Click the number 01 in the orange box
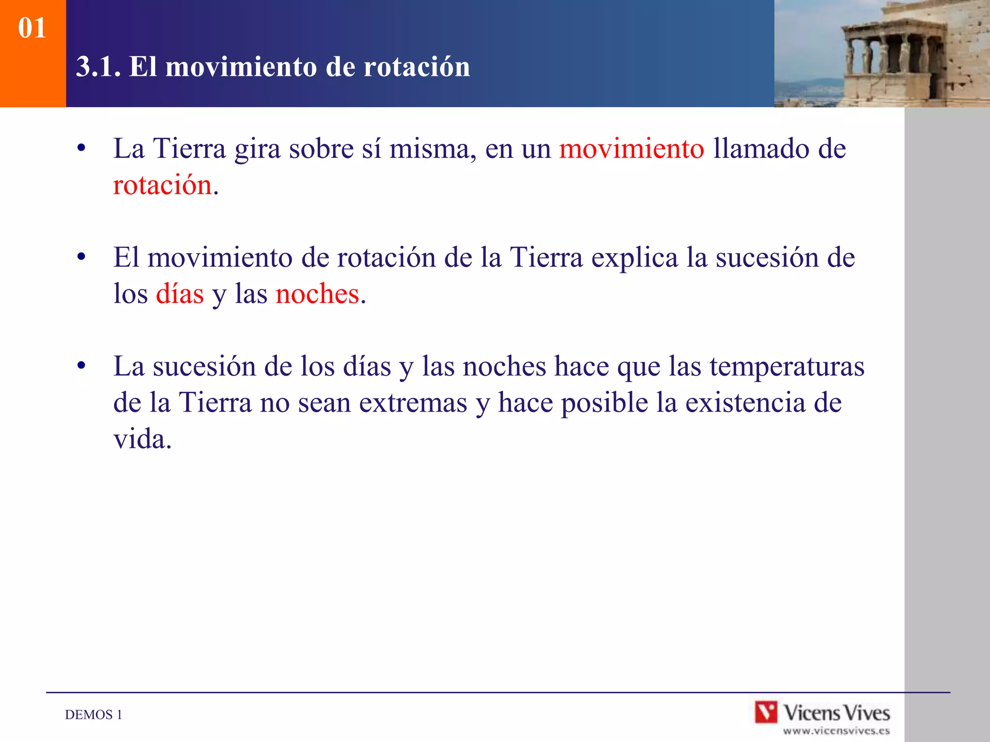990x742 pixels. (x=32, y=28)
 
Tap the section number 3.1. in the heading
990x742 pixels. (x=98, y=67)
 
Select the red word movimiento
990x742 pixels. (x=631, y=148)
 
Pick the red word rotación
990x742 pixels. (x=162, y=185)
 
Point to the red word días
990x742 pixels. (x=180, y=294)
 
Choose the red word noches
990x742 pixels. (x=318, y=294)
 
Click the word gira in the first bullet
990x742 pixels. (x=257, y=148)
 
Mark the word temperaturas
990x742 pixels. (x=786, y=366)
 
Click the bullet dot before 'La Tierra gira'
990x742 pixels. (x=81, y=148)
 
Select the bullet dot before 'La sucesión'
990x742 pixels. (x=81, y=366)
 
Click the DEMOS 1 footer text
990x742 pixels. (x=93, y=714)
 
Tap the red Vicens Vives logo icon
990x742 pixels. (x=766, y=712)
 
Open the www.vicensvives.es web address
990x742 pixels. (x=836, y=731)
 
